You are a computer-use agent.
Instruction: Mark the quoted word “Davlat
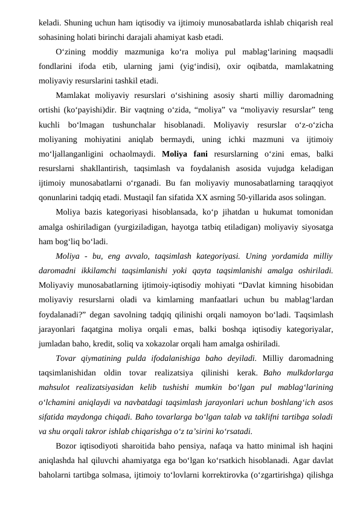coord(240,285)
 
